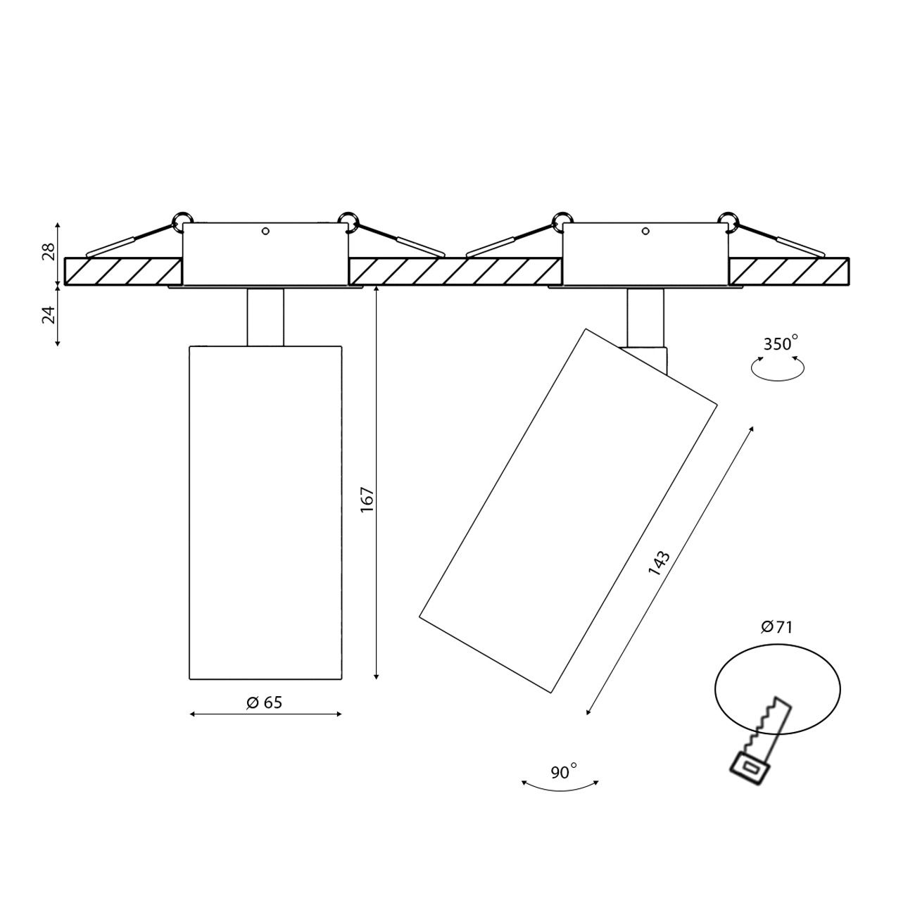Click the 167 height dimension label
tap(367, 499)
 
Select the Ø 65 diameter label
tap(265, 702)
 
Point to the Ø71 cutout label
tap(776, 626)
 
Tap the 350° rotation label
tap(781, 344)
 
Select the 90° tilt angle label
tap(563, 772)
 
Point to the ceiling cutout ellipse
tap(778, 686)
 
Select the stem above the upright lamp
tap(265, 317)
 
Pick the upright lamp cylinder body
tap(265, 512)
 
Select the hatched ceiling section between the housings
tap(455, 272)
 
